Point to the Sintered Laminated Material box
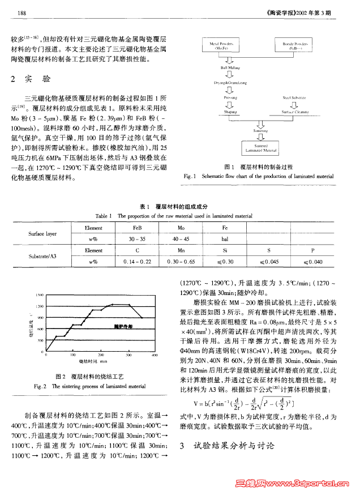(260, 149)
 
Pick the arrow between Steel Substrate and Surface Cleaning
(294, 105)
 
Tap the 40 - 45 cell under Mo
(181, 238)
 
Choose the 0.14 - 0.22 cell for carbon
(137, 262)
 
